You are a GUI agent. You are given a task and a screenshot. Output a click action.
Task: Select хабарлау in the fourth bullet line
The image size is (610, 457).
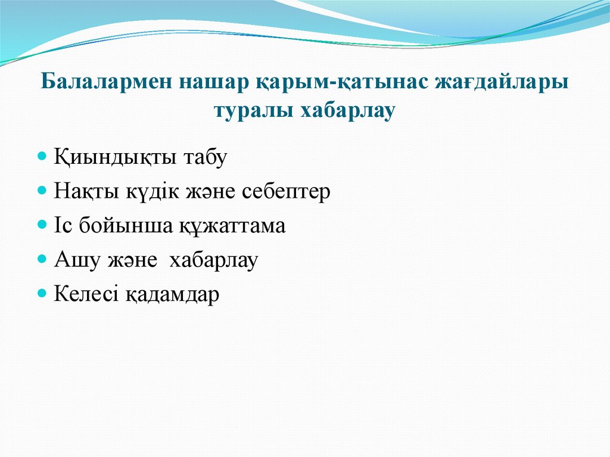click(x=213, y=260)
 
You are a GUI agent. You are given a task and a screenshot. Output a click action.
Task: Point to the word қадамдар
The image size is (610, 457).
click(x=172, y=294)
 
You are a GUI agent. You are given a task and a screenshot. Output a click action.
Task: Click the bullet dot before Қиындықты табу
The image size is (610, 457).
click(x=42, y=157)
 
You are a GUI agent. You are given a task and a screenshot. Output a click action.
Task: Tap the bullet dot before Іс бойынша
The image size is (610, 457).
click(x=42, y=226)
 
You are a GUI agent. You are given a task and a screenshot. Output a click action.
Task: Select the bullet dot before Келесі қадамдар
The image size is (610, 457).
click(x=42, y=294)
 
